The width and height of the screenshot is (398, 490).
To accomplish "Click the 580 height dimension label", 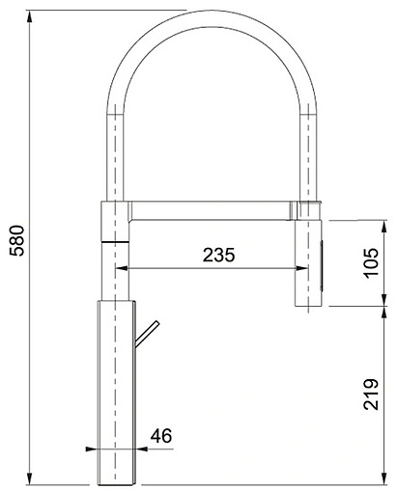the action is (x=16, y=240).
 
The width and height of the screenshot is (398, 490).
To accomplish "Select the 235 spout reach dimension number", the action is (x=219, y=255).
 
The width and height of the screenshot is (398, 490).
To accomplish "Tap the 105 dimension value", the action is (x=371, y=262).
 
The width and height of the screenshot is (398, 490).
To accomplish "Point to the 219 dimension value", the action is (x=371, y=395).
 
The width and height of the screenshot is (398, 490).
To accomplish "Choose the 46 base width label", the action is (x=161, y=436).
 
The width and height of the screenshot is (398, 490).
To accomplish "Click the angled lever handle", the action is (x=147, y=334).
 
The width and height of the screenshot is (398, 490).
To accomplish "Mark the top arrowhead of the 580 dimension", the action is (x=30, y=16).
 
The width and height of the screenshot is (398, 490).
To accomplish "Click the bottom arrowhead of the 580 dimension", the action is (x=30, y=478).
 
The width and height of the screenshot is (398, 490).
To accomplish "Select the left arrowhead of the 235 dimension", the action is (x=122, y=268).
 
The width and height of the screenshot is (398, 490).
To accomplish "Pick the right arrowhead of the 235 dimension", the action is (x=302, y=268).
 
